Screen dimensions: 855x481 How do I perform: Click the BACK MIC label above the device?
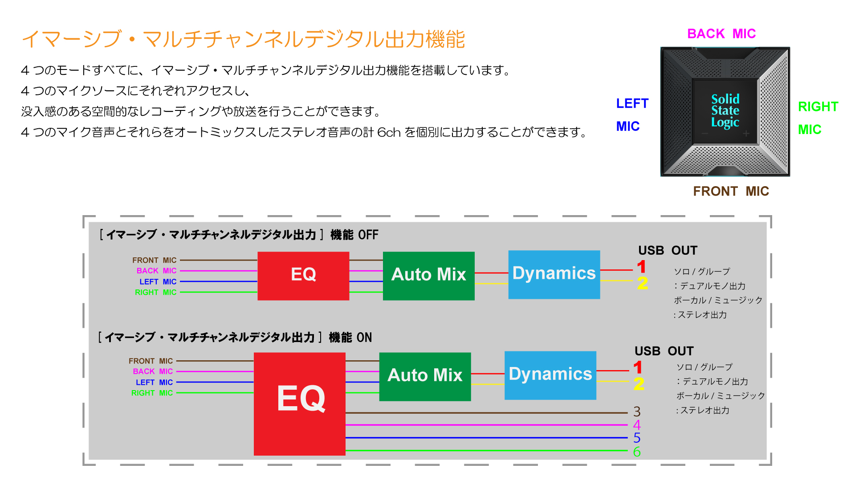coord(721,34)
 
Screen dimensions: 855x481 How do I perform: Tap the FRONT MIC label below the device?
coord(731,191)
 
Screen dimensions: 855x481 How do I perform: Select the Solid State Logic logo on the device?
coord(725,111)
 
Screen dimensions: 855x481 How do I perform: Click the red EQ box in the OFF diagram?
coord(303,276)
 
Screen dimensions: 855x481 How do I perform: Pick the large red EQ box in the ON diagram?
coord(299,404)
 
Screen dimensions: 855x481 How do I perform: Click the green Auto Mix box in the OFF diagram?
coord(428,276)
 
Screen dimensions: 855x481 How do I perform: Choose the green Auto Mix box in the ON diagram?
coord(425,377)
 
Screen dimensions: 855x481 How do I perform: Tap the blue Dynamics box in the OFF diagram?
coord(554,274)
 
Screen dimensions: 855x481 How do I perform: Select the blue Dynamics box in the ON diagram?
coord(550,375)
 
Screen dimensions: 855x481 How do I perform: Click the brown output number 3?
coord(637,412)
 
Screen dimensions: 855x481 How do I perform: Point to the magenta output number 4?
coord(637,425)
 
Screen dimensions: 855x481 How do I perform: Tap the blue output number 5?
coord(637,438)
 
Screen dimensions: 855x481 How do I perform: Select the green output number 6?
coord(637,452)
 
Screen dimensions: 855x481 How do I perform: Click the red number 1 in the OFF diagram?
coord(641,267)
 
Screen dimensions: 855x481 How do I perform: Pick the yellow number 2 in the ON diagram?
coord(639,384)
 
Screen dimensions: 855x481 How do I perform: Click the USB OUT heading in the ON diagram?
coord(664,351)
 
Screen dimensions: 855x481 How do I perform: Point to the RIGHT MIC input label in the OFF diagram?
coord(156,293)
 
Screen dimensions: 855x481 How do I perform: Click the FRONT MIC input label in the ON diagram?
coord(151,361)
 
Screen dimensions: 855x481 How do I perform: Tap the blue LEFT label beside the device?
coord(632,104)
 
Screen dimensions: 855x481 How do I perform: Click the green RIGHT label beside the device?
coord(818,107)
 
